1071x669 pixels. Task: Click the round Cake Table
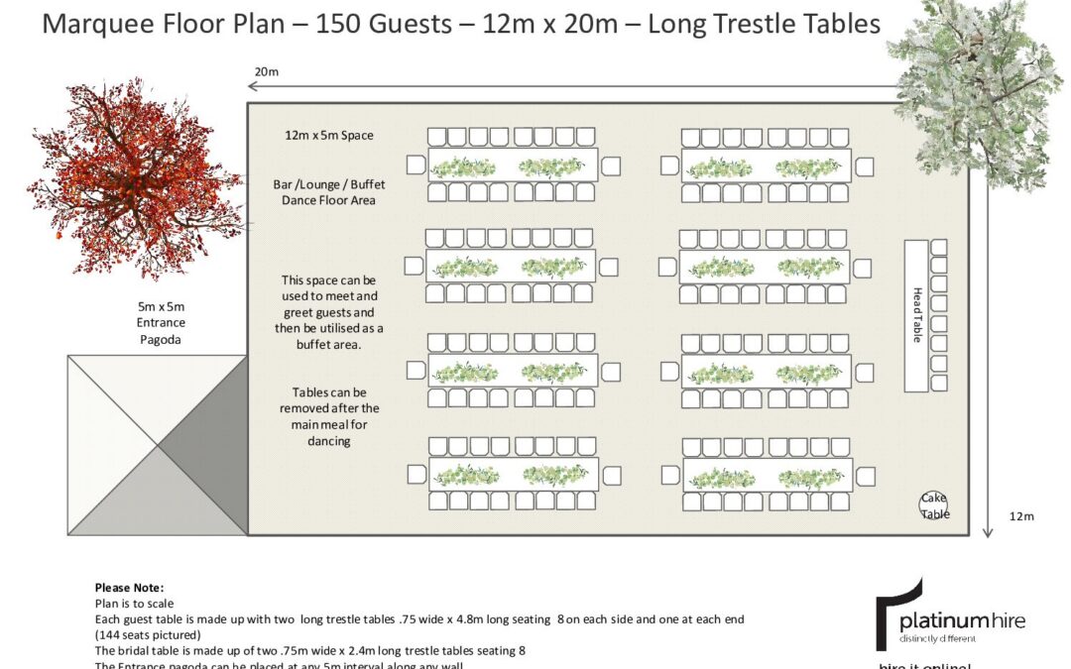click(933, 506)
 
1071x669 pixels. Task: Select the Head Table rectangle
click(916, 315)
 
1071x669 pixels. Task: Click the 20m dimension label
click(266, 71)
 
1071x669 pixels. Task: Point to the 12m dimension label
click(1021, 516)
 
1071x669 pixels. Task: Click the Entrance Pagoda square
click(157, 445)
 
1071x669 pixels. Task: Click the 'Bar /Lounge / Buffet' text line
click(323, 184)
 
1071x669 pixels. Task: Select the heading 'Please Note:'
click(129, 588)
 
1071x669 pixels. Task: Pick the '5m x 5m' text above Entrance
click(162, 306)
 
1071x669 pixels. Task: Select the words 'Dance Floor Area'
click(323, 200)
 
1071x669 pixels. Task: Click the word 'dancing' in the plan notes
click(329, 441)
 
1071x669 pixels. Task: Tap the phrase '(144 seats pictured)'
click(149, 634)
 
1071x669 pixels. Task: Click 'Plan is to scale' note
click(135, 603)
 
